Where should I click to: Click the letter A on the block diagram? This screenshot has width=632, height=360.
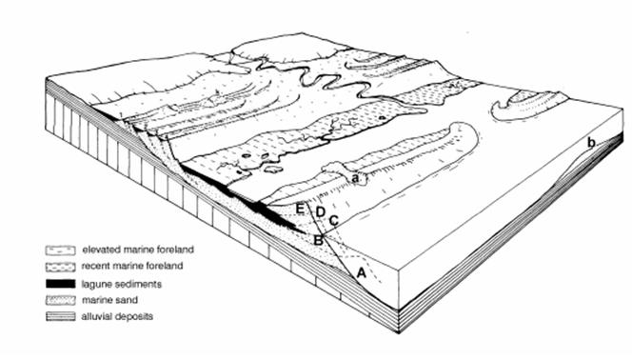click(362, 273)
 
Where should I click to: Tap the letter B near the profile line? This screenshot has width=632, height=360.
click(319, 241)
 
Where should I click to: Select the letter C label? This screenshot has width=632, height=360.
click(334, 221)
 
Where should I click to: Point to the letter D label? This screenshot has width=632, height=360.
click(320, 211)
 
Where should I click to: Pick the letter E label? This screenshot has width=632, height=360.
click(300, 209)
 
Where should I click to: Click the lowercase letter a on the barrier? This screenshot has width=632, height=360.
click(355, 178)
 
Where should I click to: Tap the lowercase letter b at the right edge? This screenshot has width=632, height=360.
click(591, 142)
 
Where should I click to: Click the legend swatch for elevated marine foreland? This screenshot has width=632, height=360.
click(61, 250)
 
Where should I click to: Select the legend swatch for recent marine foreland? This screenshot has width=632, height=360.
click(61, 267)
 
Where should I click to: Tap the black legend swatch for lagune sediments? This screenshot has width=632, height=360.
click(61, 284)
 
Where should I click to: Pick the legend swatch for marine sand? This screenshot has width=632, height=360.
click(61, 300)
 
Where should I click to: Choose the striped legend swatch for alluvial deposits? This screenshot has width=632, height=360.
click(61, 316)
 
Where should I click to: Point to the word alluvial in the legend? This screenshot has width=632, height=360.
click(96, 316)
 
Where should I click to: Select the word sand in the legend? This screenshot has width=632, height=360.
click(127, 300)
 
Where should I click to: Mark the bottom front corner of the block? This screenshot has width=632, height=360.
click(399, 333)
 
